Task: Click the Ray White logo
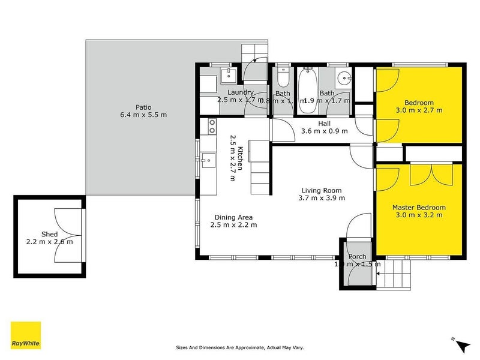26,335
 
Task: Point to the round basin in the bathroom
344,79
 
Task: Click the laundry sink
229,75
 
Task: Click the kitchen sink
208,160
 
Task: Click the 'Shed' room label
49,234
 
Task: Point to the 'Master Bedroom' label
418,207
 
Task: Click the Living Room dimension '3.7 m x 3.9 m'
323,198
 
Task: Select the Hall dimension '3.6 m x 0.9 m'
323,131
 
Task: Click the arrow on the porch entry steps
379,274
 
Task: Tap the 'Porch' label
357,256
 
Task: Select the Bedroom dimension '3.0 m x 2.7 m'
419,110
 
